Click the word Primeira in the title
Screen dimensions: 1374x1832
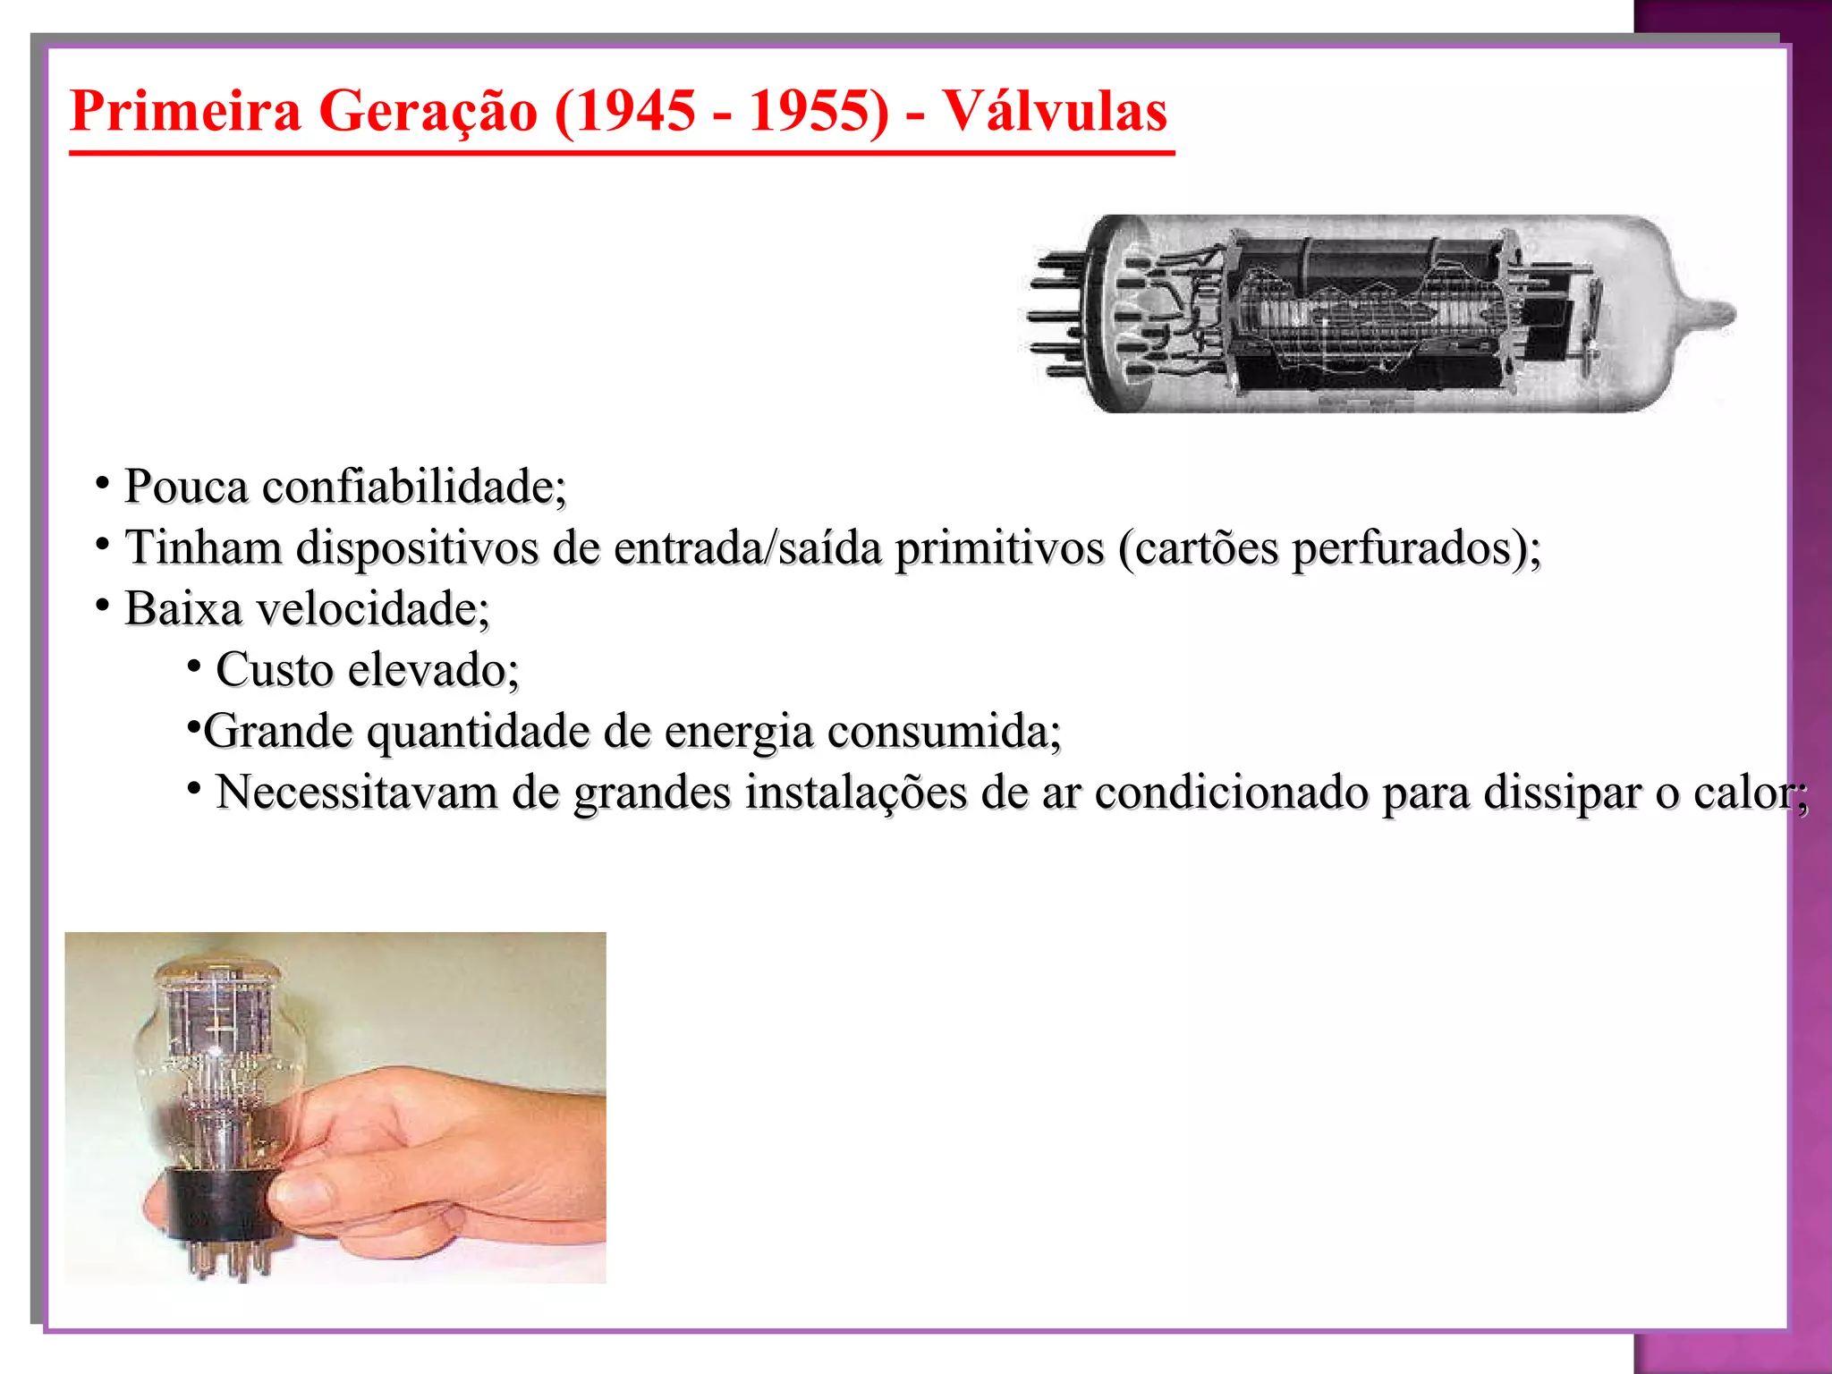tap(185, 112)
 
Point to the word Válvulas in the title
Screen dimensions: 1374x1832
tap(1055, 112)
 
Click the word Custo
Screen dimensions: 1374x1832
tap(274, 671)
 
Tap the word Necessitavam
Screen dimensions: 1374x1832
tap(356, 793)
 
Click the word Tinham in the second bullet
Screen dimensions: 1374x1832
tap(203, 548)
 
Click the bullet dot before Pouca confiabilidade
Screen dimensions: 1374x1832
tap(103, 484)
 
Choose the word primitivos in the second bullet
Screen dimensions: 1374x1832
tap(999, 548)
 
